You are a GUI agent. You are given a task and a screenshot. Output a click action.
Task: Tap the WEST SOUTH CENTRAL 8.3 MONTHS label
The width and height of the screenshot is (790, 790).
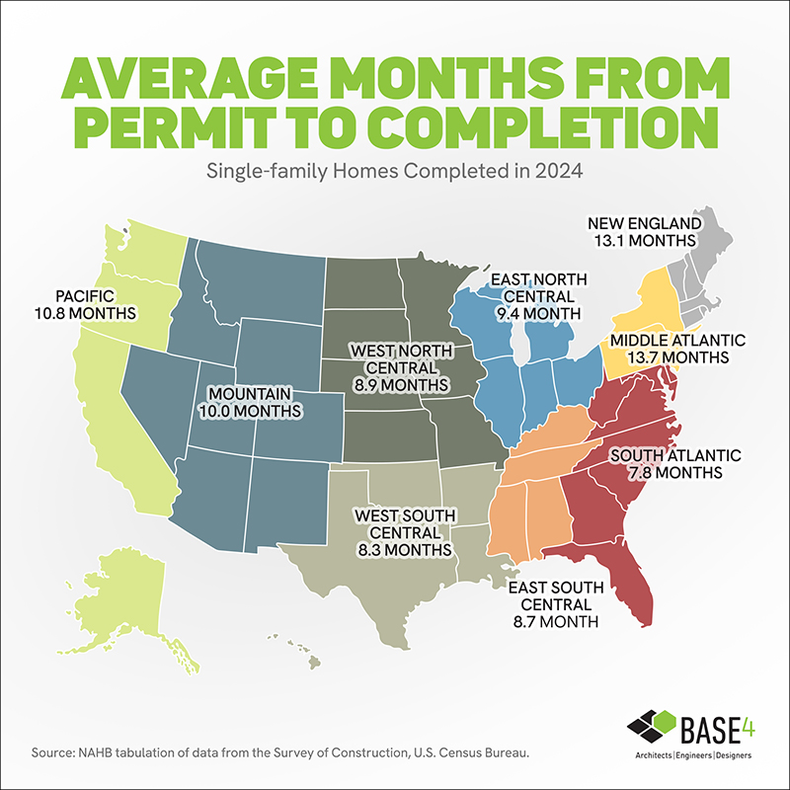[x=404, y=531]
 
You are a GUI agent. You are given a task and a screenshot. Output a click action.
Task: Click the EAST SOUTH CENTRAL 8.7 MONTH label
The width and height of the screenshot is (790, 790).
[x=551, y=604]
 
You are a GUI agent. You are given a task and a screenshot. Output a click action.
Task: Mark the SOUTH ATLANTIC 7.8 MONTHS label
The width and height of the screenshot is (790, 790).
[x=666, y=463]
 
